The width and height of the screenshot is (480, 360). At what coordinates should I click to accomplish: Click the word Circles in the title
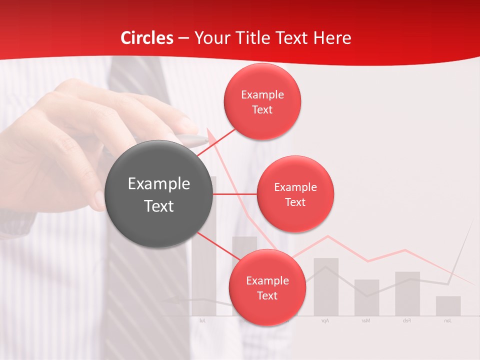147,38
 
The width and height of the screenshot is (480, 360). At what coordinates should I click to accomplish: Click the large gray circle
159,194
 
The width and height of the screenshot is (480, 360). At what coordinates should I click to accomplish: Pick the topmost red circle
262,102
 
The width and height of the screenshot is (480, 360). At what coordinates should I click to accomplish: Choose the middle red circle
295,194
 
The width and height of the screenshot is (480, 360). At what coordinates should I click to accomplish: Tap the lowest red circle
267,287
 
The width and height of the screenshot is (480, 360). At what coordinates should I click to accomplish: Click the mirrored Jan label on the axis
447,320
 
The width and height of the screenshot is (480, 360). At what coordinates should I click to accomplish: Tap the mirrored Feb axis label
407,320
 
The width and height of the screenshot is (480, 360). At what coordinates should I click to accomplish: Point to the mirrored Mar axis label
366,320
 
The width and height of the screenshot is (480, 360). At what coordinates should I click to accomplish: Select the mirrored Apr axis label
325,320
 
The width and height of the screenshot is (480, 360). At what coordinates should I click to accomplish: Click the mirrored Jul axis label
202,320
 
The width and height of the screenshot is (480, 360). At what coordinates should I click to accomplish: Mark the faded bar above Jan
448,306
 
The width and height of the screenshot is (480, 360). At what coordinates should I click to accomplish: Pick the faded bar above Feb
407,294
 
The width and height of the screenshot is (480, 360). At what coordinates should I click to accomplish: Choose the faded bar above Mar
367,297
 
